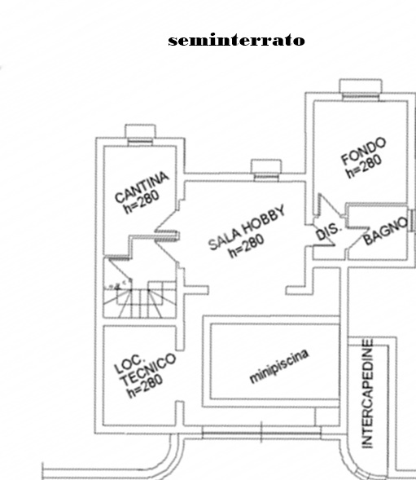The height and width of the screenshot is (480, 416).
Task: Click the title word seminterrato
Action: point(236,40)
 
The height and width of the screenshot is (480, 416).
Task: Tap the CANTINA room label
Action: point(142,187)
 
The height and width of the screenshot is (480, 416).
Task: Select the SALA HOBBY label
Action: point(247,227)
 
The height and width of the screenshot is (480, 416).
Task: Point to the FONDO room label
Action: point(363,151)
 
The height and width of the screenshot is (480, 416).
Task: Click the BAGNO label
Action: point(386,231)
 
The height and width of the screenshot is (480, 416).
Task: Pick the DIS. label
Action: point(327,231)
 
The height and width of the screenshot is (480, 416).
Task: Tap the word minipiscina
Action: point(279,366)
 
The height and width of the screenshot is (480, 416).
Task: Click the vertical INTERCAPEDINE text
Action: point(367,394)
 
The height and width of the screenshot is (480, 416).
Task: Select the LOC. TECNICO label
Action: point(145,369)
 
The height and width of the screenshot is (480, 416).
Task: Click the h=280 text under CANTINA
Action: point(142,202)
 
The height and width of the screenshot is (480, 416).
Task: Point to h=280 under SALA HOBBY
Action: point(246,246)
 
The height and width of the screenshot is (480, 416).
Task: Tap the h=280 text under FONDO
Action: point(364,166)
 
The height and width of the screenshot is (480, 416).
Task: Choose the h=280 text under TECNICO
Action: point(145,386)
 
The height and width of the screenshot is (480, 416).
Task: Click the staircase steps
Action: point(140,299)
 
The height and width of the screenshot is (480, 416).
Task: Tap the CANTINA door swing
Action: point(166,221)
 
